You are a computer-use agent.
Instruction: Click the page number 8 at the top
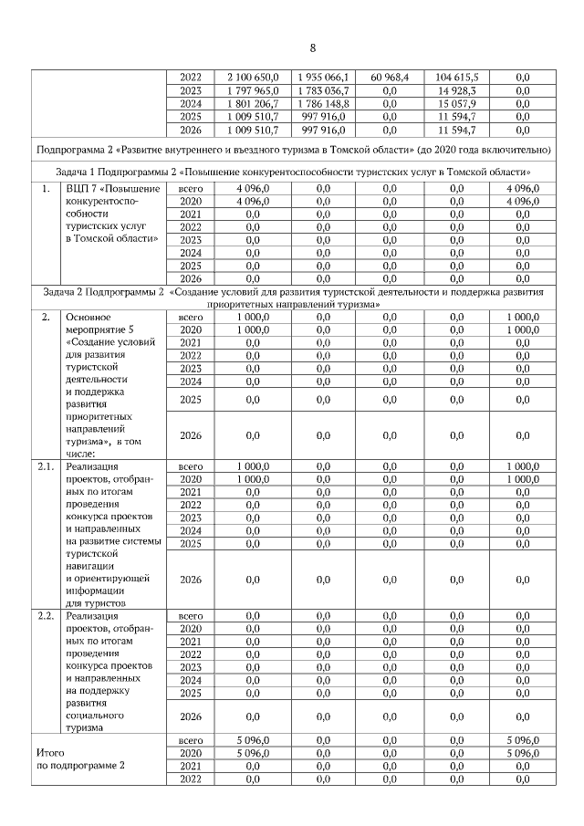tap(312, 47)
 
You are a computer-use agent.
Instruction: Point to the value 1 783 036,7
tap(323, 90)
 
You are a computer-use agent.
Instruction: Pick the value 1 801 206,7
tap(252, 104)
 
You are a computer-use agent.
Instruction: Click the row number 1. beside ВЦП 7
tap(44, 188)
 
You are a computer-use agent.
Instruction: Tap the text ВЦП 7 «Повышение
tap(112, 188)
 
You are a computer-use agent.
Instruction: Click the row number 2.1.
tap(46, 465)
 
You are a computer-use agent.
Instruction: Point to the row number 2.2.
tap(46, 616)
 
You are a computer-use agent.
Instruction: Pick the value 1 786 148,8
tap(323, 104)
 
